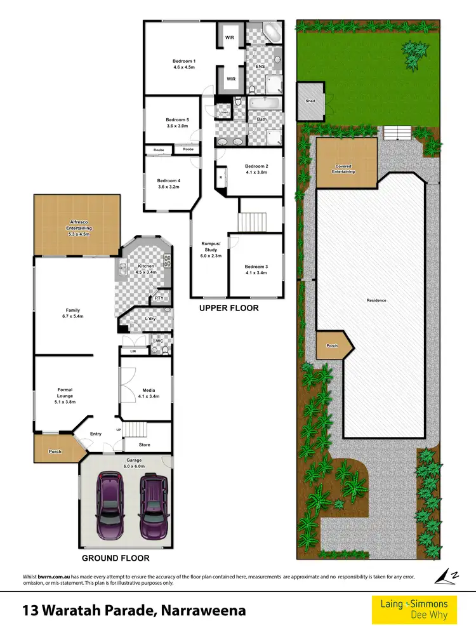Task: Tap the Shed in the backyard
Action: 310,101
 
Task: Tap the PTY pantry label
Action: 159,298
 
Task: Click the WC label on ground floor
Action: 160,340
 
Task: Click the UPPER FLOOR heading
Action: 228,308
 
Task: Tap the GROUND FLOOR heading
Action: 116,558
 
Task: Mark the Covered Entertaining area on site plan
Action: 345,169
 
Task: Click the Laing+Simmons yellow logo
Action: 414,609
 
